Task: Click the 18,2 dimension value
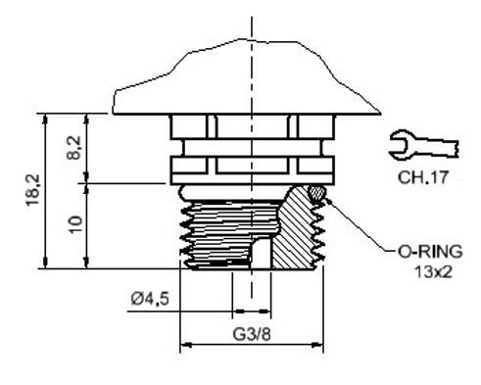pyautogui.click(x=33, y=190)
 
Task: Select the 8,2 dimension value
pyautogui.click(x=74, y=148)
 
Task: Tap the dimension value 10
pyautogui.click(x=75, y=224)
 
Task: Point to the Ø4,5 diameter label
pyautogui.click(x=150, y=299)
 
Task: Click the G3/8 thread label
pyautogui.click(x=252, y=334)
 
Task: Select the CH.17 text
pyautogui.click(x=423, y=177)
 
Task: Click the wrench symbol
pyautogui.click(x=423, y=145)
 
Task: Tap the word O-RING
pyautogui.click(x=430, y=252)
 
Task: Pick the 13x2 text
pyautogui.click(x=434, y=271)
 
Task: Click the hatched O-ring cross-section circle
pyautogui.click(x=316, y=193)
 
